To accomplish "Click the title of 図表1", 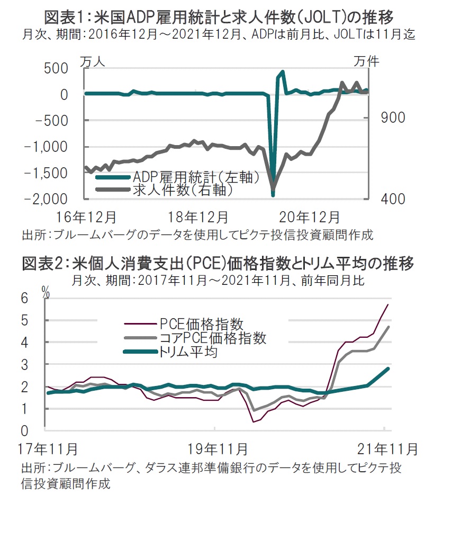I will (x=219, y=17).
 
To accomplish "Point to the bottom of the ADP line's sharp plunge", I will (x=273, y=195).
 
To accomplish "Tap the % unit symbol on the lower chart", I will (x=46, y=290).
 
